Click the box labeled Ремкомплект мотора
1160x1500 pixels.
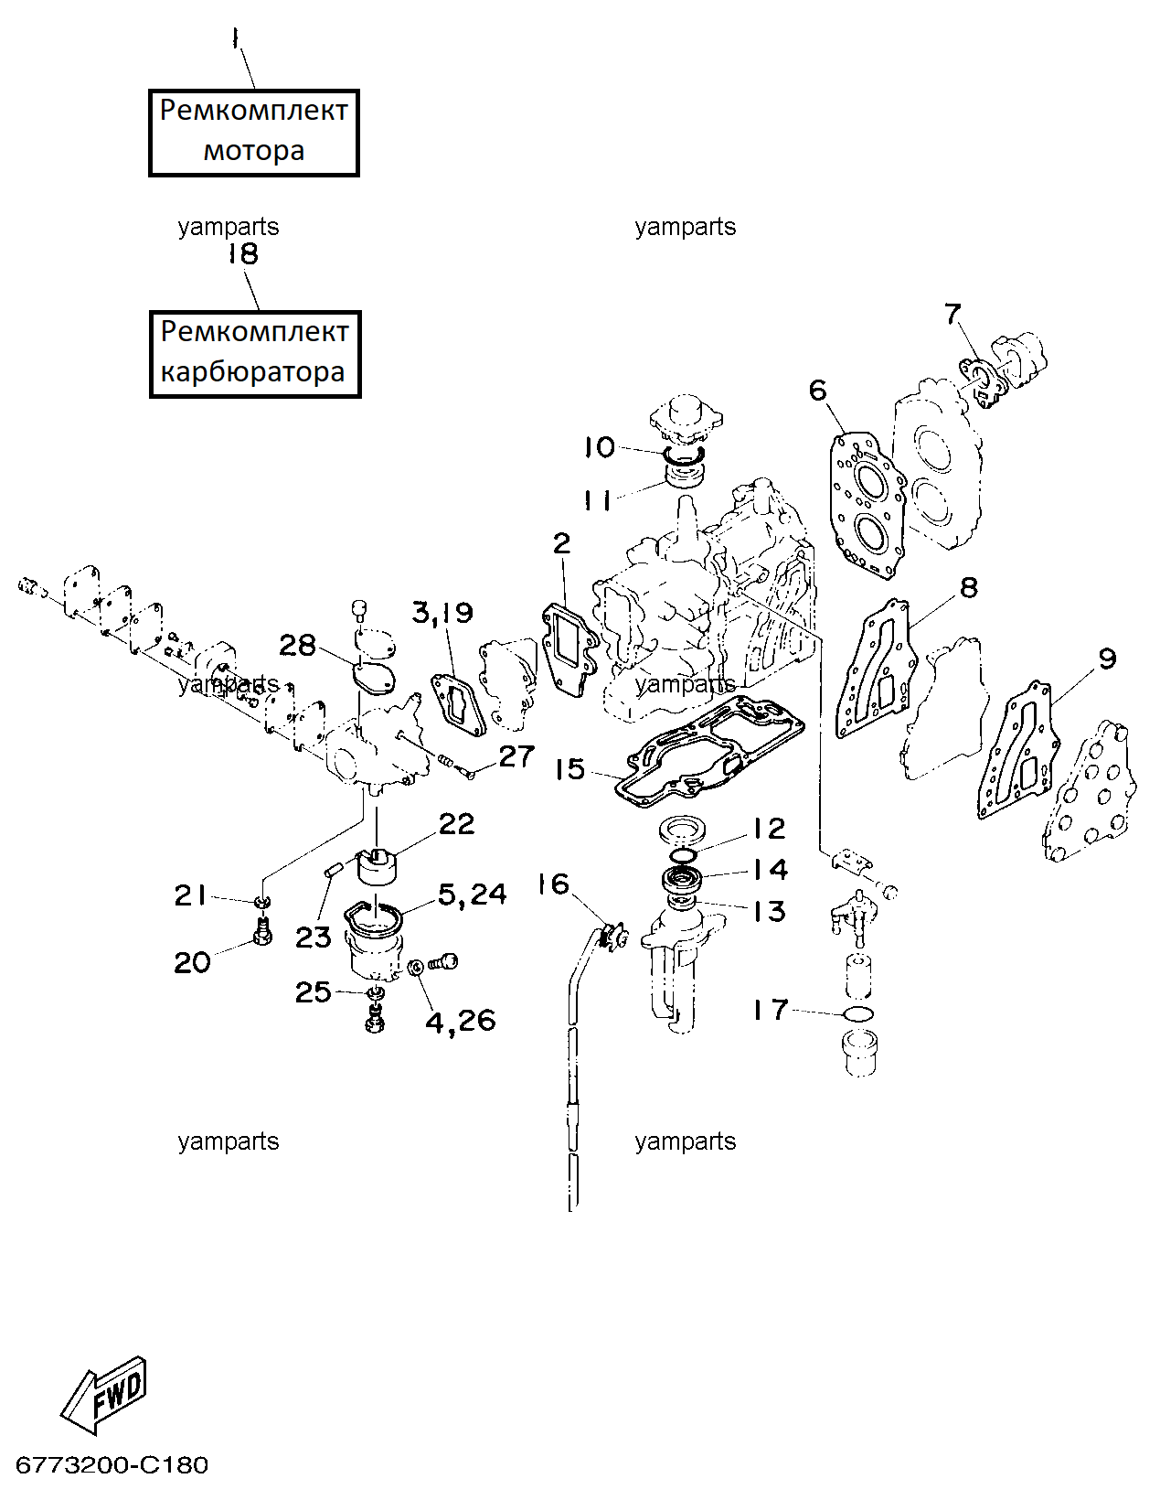(254, 133)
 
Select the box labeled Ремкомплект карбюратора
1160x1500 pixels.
(254, 354)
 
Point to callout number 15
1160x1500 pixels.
(570, 769)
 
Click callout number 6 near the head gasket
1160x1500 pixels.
(817, 391)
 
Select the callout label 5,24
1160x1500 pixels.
(473, 895)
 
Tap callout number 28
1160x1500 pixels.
(297, 646)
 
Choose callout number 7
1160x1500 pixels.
(952, 314)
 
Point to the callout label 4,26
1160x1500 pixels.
(460, 1020)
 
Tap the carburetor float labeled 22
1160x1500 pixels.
(378, 867)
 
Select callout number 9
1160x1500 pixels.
(1107, 659)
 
